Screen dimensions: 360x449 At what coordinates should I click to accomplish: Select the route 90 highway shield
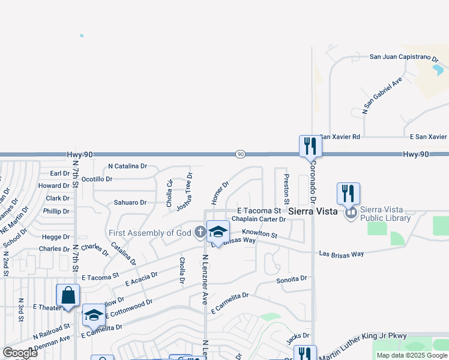[240, 154]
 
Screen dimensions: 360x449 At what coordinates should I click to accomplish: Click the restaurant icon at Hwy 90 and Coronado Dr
[310, 145]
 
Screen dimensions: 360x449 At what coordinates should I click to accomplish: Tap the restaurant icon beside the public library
[348, 193]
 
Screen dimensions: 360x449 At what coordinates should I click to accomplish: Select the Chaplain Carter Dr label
[259, 220]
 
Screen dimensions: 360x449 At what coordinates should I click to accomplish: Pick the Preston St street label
[286, 188]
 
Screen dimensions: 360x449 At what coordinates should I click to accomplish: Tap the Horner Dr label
[220, 192]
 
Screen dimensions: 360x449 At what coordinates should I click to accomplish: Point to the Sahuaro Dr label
[130, 203]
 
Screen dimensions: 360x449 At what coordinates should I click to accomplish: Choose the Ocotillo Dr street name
[97, 179]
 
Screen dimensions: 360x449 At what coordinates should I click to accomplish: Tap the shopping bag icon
[68, 295]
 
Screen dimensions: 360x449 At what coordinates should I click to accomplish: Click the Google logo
[20, 352]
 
